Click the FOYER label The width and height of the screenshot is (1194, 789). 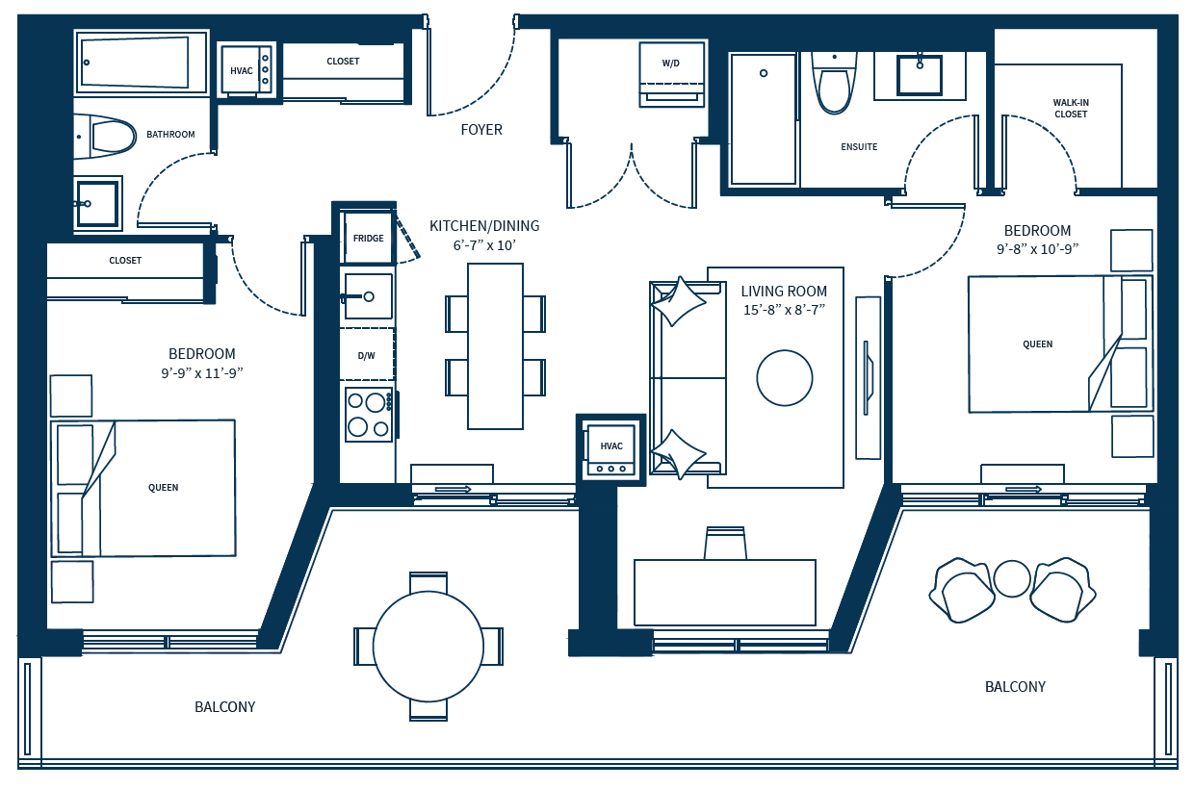[x=481, y=130]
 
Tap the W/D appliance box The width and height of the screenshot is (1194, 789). [x=671, y=75]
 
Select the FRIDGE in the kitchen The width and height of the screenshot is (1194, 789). [x=369, y=238]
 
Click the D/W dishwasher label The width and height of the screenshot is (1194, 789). [x=367, y=355]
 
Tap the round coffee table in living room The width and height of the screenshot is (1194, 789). [x=785, y=378]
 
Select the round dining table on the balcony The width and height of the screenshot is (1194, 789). [x=428, y=646]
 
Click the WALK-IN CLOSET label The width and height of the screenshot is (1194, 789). [x=1071, y=108]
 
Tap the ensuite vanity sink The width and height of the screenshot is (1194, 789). [x=920, y=74]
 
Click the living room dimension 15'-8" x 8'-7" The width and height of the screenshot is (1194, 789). [x=784, y=310]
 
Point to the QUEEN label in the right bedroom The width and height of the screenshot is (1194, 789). [x=1038, y=344]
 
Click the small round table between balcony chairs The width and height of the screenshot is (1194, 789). [x=1012, y=579]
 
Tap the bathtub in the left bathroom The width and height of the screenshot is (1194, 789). [x=143, y=64]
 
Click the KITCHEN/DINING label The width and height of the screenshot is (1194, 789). [x=484, y=226]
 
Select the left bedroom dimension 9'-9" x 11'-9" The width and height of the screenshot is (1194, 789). [x=202, y=373]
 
